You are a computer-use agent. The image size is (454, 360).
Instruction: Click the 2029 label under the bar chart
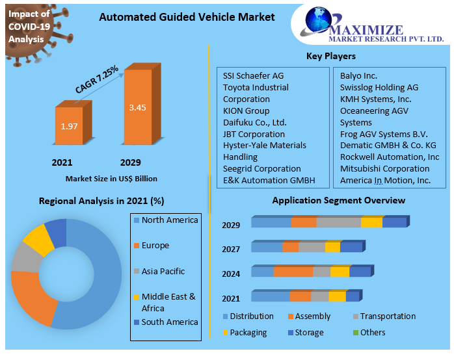click(x=130, y=162)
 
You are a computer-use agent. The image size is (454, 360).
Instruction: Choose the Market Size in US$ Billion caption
click(x=111, y=178)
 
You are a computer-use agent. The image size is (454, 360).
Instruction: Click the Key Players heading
click(x=330, y=56)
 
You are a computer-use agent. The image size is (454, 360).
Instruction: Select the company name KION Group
click(x=246, y=110)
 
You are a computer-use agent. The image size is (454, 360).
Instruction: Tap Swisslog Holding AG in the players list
click(x=379, y=87)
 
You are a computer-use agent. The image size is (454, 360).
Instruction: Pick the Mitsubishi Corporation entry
click(x=384, y=168)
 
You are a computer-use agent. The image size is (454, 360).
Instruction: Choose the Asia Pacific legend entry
click(x=163, y=271)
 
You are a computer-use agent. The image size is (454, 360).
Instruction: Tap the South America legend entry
click(x=169, y=322)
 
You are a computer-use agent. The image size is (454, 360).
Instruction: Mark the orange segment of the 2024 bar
click(x=293, y=272)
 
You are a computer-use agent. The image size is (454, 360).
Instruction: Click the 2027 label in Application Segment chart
click(x=231, y=249)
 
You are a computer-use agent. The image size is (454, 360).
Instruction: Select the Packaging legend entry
click(x=247, y=332)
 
